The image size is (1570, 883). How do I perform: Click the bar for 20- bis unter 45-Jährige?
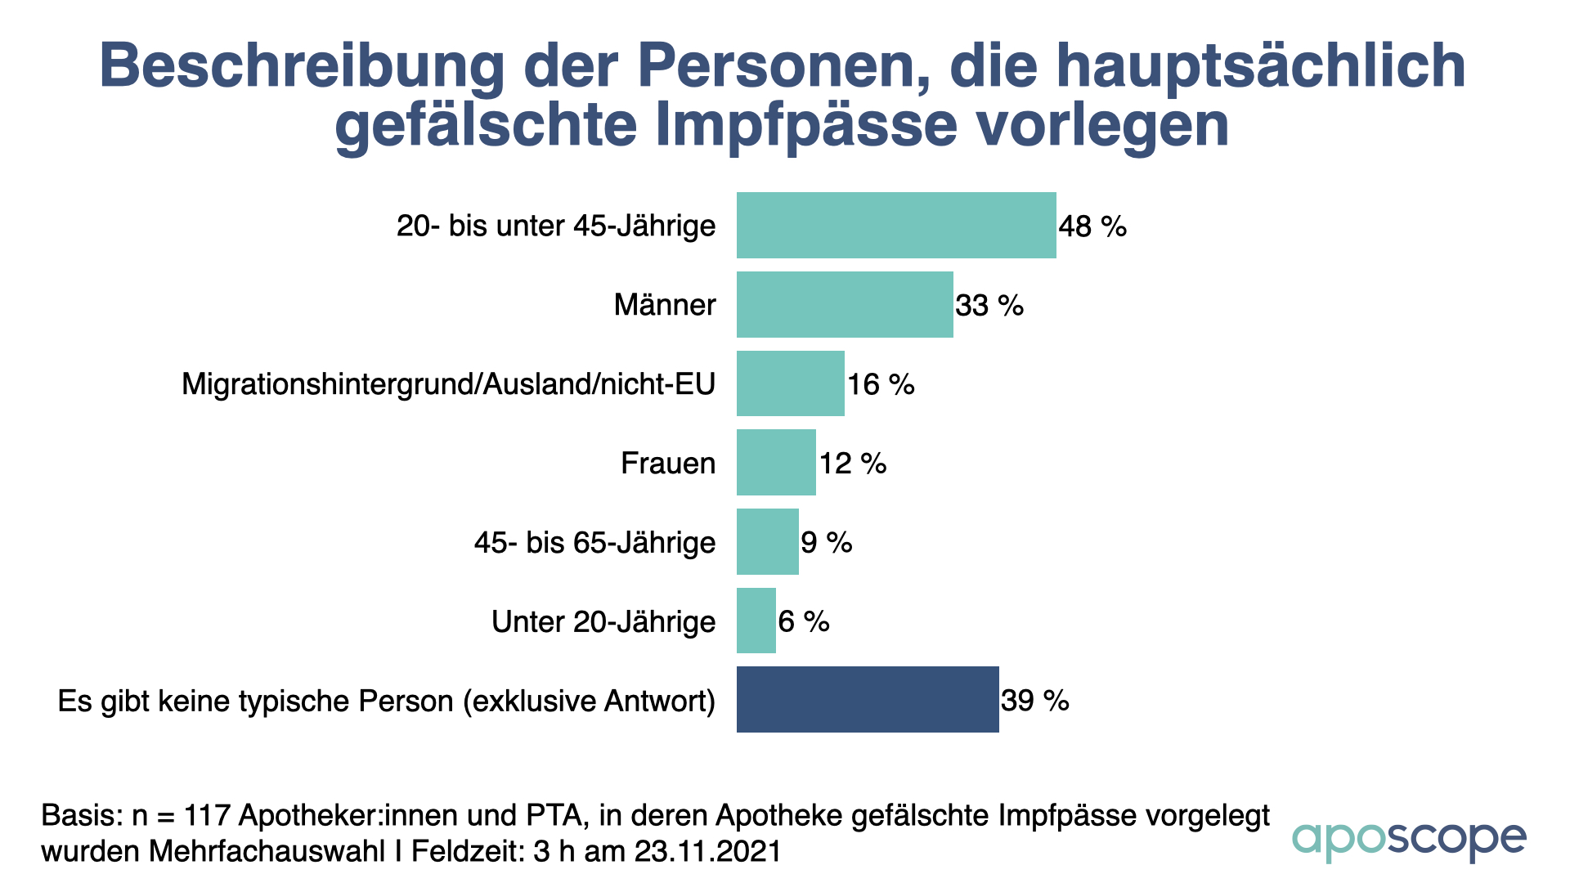(895, 225)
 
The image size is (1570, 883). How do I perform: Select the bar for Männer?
(844, 304)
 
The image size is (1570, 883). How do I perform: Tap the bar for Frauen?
(775, 462)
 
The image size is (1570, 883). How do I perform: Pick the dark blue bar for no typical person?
(867, 699)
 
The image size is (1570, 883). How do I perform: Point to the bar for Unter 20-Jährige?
(756, 621)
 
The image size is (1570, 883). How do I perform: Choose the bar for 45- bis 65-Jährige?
(767, 541)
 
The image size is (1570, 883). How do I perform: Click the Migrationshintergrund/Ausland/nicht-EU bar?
(790, 383)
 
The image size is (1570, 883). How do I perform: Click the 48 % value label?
(1092, 226)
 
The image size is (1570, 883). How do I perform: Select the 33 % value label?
(989, 306)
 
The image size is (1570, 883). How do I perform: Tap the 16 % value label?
(881, 384)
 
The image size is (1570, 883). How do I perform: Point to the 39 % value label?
(1035, 701)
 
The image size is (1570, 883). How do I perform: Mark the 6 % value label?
(804, 622)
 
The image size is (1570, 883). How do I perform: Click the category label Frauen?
(668, 464)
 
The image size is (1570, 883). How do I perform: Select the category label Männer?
(665, 305)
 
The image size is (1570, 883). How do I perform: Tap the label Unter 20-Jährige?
(603, 622)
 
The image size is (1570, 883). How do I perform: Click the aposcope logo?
(1408, 840)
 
